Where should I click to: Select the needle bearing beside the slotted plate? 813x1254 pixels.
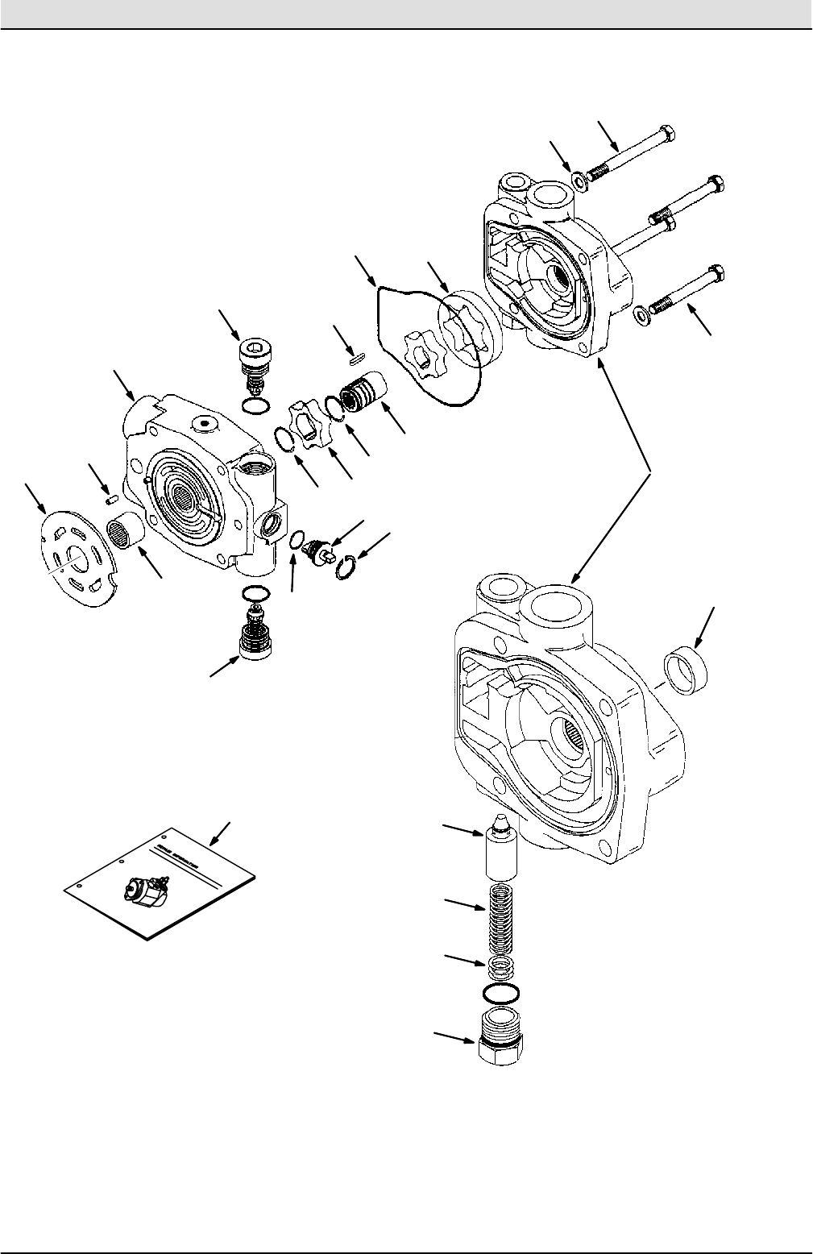[x=124, y=534]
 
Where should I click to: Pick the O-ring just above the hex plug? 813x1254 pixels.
[x=500, y=991]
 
